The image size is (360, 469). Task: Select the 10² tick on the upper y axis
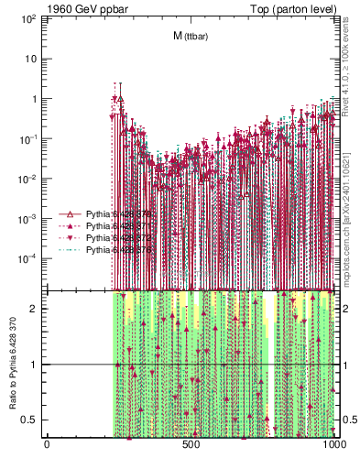tap(30, 18)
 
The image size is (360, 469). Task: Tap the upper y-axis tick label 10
tap(33, 59)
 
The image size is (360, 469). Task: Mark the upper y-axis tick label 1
tap(36, 99)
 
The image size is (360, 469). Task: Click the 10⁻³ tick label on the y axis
tap(30, 219)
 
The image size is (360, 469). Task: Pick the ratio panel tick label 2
tap(36, 308)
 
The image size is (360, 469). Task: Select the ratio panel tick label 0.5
tap(32, 420)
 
